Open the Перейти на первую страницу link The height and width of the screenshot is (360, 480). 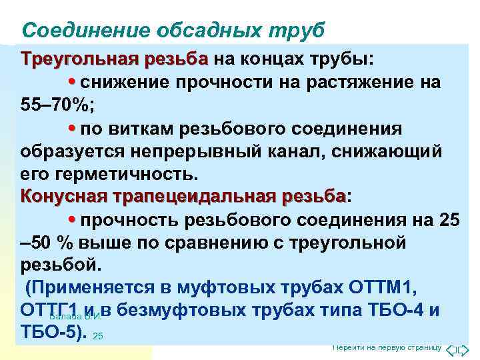point(387,348)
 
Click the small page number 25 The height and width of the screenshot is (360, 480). point(98,336)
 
